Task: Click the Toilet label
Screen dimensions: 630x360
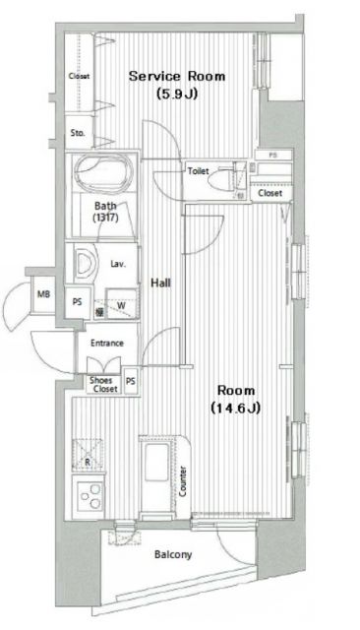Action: (199, 171)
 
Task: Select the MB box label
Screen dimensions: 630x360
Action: (42, 294)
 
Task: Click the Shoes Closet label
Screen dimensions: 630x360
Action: (103, 385)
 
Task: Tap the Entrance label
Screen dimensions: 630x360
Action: (107, 344)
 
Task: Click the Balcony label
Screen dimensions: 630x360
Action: (173, 555)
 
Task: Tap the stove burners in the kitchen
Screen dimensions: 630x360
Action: (91, 495)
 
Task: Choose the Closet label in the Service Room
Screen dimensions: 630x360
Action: (79, 77)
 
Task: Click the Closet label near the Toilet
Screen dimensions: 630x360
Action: (270, 194)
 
